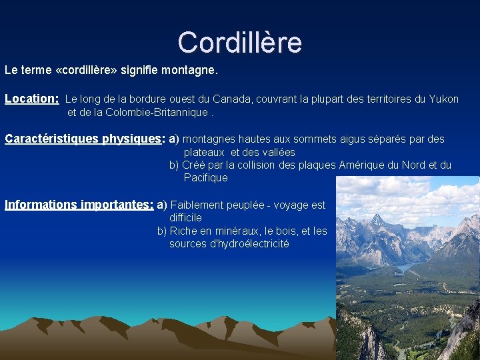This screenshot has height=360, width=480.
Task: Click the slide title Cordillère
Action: (240, 42)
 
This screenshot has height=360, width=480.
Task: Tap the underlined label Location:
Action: (32, 99)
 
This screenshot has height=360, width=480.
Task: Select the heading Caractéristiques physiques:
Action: (85, 139)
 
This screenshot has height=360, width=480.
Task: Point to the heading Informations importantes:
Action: (79, 205)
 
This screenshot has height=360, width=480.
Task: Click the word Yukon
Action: (443, 99)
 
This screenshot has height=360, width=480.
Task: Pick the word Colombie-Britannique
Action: (156, 112)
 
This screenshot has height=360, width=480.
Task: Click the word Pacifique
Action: (205, 178)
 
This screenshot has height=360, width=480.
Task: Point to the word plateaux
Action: (204, 153)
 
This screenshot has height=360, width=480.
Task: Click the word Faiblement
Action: (197, 205)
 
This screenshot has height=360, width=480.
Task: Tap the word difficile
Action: (185, 218)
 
